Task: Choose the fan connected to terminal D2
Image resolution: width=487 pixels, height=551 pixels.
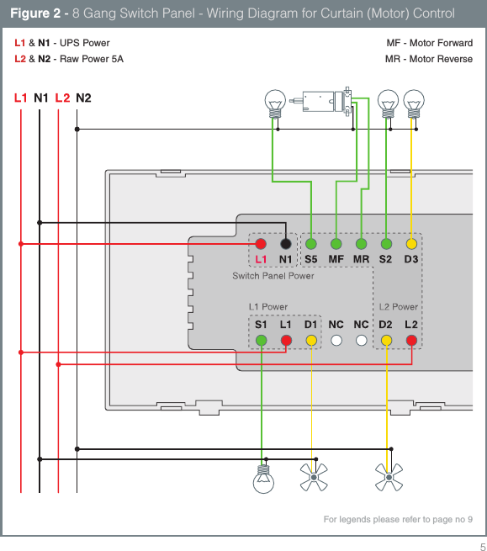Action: pyautogui.click(x=388, y=478)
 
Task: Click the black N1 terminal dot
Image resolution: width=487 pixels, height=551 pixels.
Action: pyautogui.click(x=286, y=243)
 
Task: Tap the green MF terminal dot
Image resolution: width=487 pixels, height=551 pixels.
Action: pyautogui.click(x=336, y=243)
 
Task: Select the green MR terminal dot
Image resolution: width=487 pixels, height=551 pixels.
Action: pyautogui.click(x=361, y=243)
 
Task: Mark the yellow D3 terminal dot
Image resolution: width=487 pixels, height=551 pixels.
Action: pyautogui.click(x=410, y=243)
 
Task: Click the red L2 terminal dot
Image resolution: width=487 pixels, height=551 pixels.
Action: pyautogui.click(x=410, y=340)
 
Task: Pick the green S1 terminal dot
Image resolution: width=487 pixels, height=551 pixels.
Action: pyautogui.click(x=261, y=340)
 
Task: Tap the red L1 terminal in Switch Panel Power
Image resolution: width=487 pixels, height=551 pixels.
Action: pyautogui.click(x=261, y=243)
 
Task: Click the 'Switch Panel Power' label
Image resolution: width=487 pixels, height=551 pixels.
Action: pyautogui.click(x=273, y=276)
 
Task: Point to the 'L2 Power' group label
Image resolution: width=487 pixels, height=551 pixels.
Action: pyautogui.click(x=398, y=307)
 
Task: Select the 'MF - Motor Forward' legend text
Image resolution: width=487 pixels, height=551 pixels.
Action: pyautogui.click(x=429, y=43)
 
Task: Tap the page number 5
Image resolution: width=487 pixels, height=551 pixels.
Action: pyautogui.click(x=472, y=544)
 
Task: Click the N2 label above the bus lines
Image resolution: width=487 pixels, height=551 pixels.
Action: pyautogui.click(x=83, y=98)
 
